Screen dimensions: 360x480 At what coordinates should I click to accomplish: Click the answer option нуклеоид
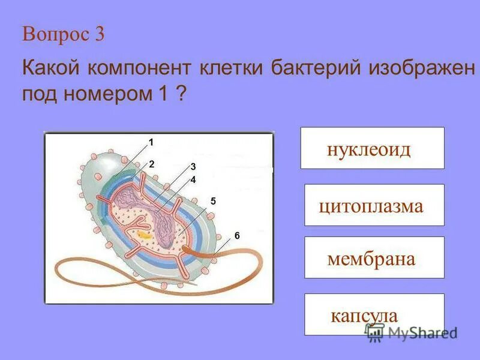click(372, 148)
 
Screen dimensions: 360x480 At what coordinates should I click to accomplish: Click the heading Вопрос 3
click(64, 34)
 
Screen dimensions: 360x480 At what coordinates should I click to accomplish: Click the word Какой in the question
click(48, 67)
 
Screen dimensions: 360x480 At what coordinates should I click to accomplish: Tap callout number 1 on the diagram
click(151, 142)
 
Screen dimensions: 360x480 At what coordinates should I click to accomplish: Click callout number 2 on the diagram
click(152, 163)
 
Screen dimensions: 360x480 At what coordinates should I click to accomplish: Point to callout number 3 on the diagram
click(193, 166)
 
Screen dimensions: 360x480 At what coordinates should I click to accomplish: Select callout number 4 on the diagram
click(193, 179)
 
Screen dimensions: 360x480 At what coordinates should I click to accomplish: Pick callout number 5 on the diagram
click(213, 201)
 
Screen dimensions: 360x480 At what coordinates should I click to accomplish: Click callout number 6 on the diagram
click(237, 236)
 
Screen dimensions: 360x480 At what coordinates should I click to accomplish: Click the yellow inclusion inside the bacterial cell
click(143, 233)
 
